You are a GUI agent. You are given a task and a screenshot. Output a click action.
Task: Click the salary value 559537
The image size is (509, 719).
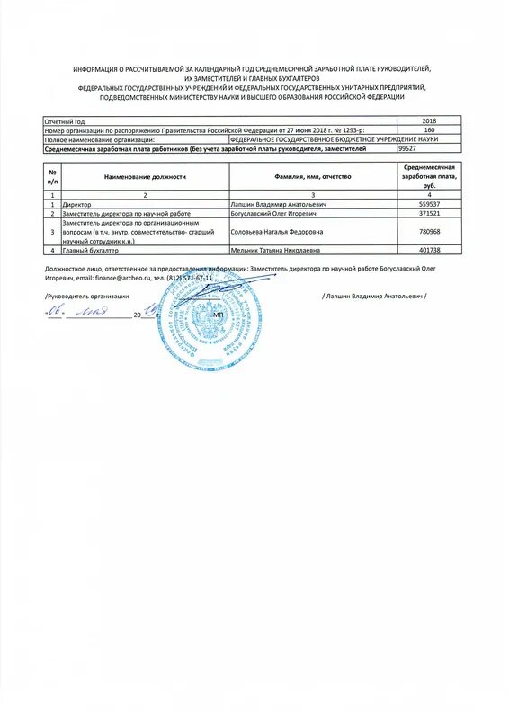coord(428,205)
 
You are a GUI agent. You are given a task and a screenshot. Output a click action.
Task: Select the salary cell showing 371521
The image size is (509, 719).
coord(428,214)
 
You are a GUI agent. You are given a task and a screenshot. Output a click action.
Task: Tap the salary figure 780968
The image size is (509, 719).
coord(428,232)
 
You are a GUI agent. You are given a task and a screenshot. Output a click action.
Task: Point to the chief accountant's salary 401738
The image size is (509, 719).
coord(428,251)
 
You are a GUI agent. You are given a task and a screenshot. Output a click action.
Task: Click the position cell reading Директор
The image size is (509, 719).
coord(77,205)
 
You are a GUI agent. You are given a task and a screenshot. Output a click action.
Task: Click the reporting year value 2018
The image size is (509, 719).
coord(428,120)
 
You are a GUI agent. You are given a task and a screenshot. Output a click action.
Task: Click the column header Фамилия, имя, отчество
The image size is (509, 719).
coord(314,176)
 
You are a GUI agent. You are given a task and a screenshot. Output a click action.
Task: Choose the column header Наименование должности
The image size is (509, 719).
coord(145,176)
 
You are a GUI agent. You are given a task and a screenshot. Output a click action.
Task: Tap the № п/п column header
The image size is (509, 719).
coord(53,176)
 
